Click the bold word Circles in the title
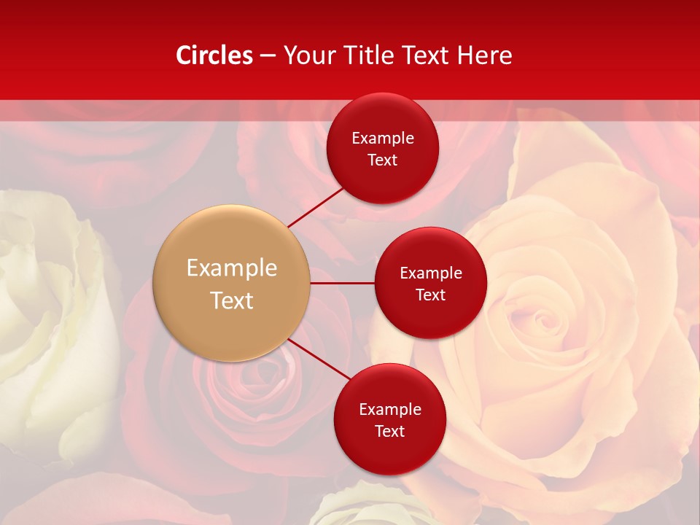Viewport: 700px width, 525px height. coord(214,55)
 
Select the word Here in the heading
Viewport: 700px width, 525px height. coord(484,55)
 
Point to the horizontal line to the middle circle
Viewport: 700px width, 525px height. coord(343,283)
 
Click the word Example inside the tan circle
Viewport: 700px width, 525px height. coord(232,268)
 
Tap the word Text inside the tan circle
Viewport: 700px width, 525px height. coord(232,300)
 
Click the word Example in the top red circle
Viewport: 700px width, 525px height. coord(383,139)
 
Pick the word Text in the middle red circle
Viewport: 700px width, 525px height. coord(430,295)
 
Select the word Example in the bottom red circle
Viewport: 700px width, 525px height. coord(389,410)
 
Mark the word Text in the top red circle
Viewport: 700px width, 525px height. coord(383,160)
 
